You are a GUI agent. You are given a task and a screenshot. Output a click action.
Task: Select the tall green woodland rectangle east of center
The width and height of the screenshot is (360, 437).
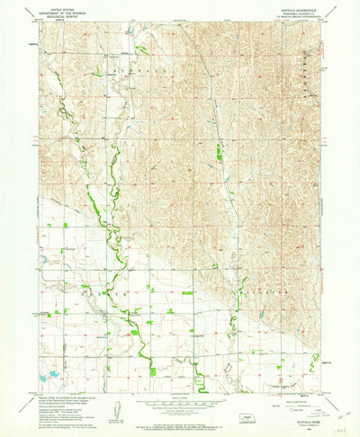(220, 154)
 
